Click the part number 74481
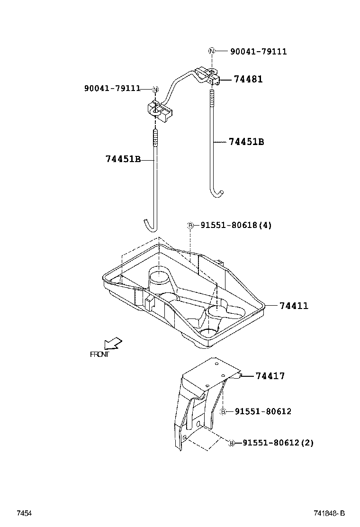click(x=247, y=79)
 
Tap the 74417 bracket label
click(x=270, y=376)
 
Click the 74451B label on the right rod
click(x=246, y=142)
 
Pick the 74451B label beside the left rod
click(x=123, y=159)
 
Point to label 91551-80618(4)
click(x=236, y=226)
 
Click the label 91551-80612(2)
click(x=278, y=443)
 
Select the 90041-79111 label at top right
click(x=258, y=51)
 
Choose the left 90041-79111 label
click(x=112, y=88)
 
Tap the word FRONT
click(x=99, y=354)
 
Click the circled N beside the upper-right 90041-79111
click(x=212, y=51)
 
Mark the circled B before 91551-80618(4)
click(x=190, y=226)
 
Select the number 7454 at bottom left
click(x=24, y=513)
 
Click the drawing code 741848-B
click(x=329, y=513)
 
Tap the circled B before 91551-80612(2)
click(x=232, y=443)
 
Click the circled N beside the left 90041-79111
click(x=155, y=89)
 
